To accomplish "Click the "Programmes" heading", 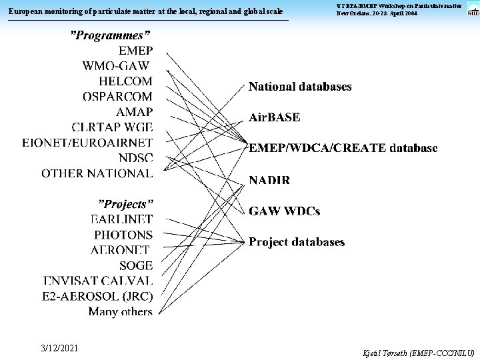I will [111, 35].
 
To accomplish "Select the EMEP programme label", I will [135, 51].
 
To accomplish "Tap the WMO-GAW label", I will [116, 65].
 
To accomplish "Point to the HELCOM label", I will [125, 81].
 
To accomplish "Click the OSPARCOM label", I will [117, 97].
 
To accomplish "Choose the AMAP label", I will [134, 112].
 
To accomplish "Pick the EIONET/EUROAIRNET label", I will [87, 143].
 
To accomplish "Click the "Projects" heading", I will [126, 203].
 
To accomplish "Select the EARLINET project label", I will [121, 219].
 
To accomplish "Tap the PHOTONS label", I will [123, 235].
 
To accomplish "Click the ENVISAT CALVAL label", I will [98, 281].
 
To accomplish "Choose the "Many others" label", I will [121, 311].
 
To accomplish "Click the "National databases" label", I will [300, 87].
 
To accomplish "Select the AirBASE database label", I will [274, 117].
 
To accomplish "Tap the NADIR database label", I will [269, 180].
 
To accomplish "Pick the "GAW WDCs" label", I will [284, 211].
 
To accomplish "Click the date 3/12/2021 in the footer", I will [59, 348].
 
